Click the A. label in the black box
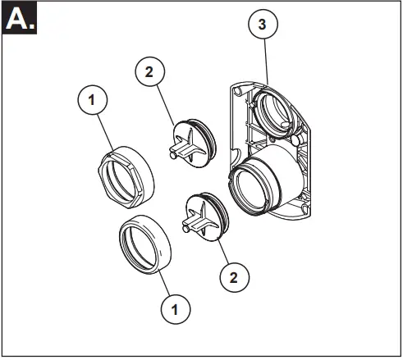click(20, 19)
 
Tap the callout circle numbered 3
click(262, 25)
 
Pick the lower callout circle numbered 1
click(173, 309)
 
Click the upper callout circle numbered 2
click(149, 72)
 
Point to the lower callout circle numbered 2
click(235, 277)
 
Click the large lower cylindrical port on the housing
click(260, 187)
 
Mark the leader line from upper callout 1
click(104, 131)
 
